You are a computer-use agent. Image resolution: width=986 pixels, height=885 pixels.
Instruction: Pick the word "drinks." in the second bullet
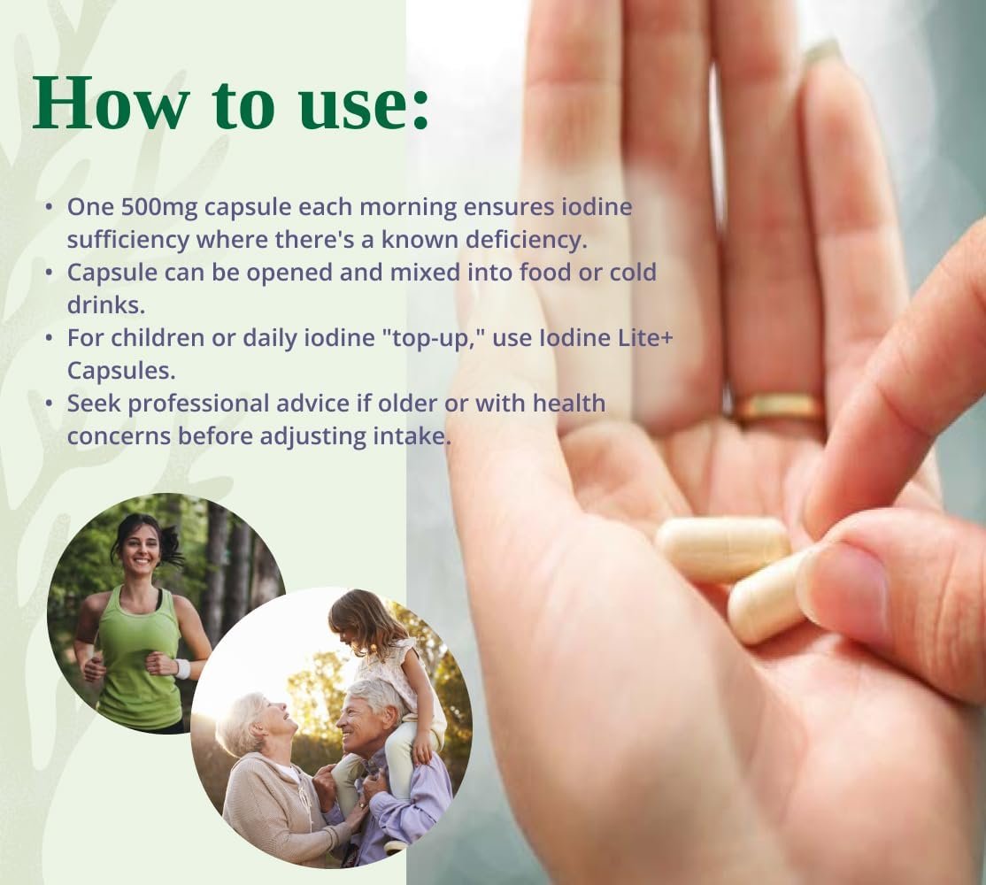point(106,304)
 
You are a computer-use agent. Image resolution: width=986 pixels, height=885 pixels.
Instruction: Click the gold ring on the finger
point(779,407)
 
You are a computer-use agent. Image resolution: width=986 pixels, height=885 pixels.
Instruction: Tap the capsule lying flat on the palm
point(721,548)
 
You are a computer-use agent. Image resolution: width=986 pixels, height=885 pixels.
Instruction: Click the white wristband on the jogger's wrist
point(183,668)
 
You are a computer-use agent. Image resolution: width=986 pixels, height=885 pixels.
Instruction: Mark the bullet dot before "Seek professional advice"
point(49,403)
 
